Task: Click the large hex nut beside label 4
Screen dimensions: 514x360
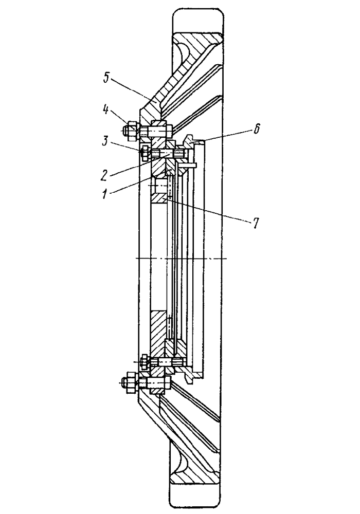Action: click(x=130, y=130)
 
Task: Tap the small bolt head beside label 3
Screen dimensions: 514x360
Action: click(x=146, y=151)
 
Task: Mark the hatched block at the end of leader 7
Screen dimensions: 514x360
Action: click(x=159, y=198)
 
